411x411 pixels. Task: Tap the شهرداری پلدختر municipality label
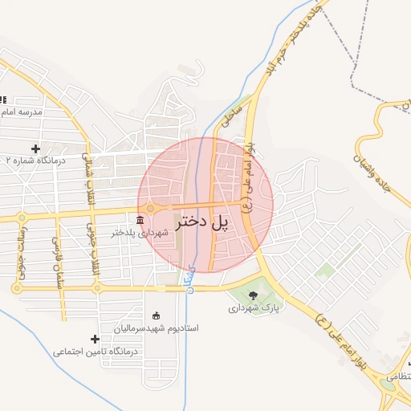point(140,233)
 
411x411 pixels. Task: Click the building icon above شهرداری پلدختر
point(140,220)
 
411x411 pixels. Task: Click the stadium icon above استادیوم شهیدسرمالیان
point(155,316)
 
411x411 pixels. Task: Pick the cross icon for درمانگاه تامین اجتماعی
point(95,340)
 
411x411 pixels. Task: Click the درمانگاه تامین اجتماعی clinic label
point(96,352)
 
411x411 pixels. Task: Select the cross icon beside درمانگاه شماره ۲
point(35,149)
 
